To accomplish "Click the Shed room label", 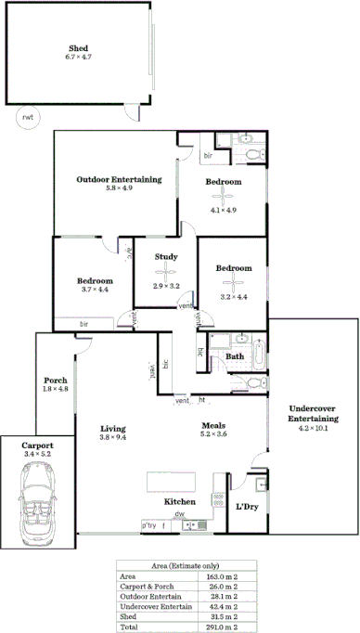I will (x=78, y=48).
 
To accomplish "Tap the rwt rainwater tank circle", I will (x=26, y=118).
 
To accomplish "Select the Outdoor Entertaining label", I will (x=119, y=178).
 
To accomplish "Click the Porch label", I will (x=56, y=380).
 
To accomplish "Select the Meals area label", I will (x=214, y=427).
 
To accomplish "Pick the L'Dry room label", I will (x=247, y=506).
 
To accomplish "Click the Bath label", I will (x=235, y=355).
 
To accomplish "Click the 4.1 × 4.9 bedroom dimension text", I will (x=224, y=210).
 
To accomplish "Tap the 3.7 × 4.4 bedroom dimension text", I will (x=95, y=290).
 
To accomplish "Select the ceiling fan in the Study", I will (x=166, y=271).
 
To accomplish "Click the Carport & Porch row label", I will (x=145, y=586).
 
